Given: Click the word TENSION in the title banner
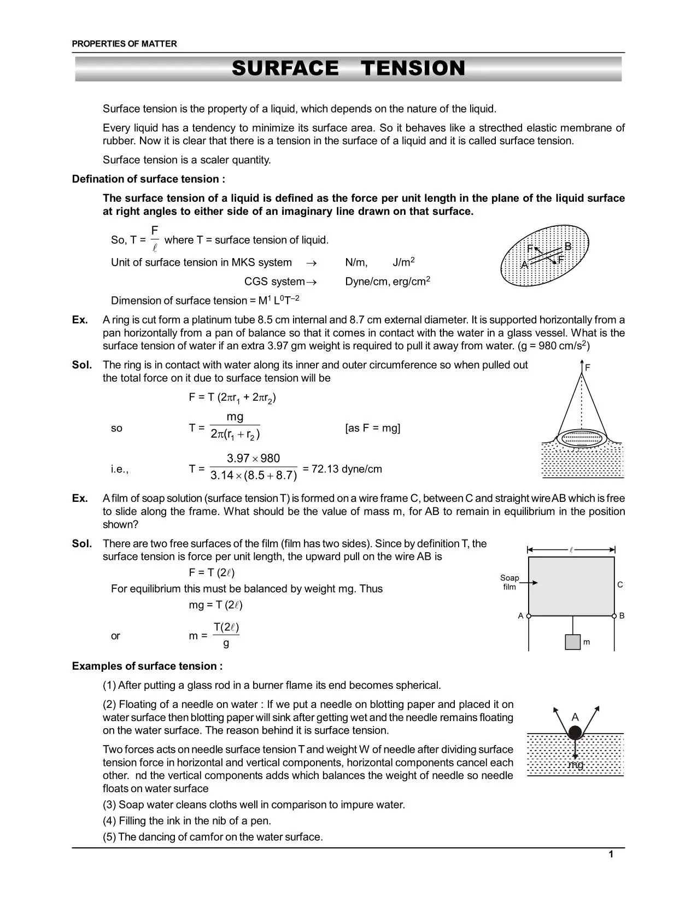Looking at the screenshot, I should click(413, 69).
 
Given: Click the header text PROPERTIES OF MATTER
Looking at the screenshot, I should click(124, 44).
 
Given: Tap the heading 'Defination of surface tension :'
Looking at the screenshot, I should click(148, 179).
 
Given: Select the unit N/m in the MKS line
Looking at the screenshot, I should click(356, 262).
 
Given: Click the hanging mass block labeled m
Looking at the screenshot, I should click(572, 642).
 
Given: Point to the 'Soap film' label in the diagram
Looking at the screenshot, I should click(509, 582).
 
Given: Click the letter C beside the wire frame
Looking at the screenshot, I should click(620, 585).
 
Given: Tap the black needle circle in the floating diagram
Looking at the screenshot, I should click(575, 733).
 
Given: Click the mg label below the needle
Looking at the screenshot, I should click(576, 765).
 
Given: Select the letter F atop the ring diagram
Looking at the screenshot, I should click(588, 368).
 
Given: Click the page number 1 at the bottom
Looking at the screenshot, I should click(611, 854).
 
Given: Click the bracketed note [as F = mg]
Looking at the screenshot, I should click(372, 428).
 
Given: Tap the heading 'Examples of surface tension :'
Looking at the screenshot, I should click(147, 666).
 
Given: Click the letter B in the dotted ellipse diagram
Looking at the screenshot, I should click(567, 247).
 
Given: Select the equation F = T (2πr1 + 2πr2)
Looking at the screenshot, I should click(232, 397).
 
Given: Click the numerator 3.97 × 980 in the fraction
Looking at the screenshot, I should click(253, 458).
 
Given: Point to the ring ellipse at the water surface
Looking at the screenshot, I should click(582, 438).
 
